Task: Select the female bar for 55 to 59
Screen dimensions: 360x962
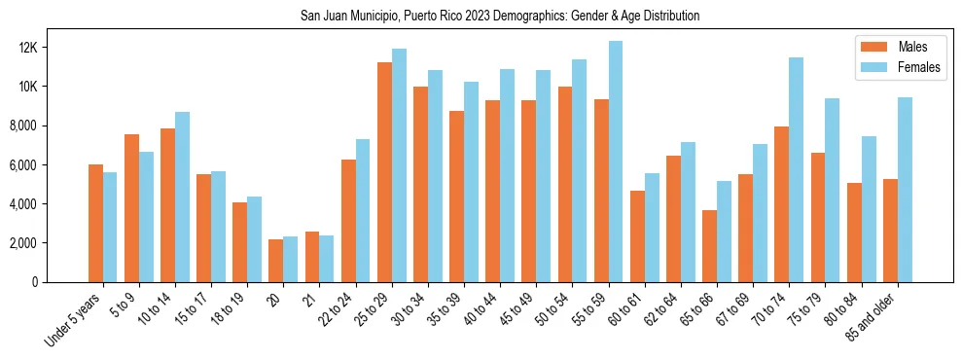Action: [x=616, y=162]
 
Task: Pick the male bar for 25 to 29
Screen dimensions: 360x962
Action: [x=384, y=172]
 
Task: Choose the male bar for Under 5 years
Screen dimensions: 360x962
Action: [x=95, y=223]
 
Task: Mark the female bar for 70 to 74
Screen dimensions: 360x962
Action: [x=797, y=169]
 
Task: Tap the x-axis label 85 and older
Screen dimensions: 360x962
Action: [x=875, y=317]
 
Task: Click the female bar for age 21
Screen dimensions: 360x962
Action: [x=327, y=259]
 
